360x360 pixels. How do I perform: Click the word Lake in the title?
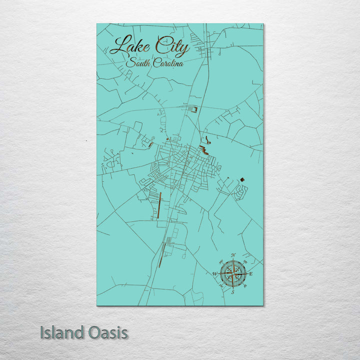(129, 46)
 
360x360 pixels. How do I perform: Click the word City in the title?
(172, 47)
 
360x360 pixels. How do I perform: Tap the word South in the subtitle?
(137, 63)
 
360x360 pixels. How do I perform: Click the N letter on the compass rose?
(233, 255)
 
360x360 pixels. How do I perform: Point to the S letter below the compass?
(232, 292)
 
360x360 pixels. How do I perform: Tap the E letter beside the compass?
(251, 274)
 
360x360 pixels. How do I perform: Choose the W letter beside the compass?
(214, 274)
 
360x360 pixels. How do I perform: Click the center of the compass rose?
(233, 273)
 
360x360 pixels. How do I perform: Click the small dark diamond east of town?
(242, 178)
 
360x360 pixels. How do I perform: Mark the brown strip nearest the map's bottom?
(160, 255)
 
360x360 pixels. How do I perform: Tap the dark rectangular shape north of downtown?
(194, 108)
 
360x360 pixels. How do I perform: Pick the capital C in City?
(161, 46)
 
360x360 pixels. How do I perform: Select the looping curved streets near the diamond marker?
(241, 190)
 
